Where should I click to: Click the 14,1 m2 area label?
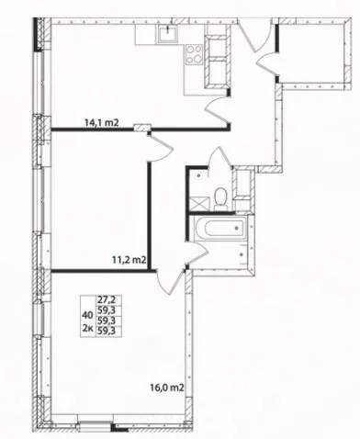101,123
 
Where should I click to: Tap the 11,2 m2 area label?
129,260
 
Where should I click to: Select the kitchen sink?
168,32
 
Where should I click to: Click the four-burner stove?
194,54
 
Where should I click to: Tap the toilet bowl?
219,197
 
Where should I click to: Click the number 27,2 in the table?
105,298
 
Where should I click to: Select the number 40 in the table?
87,314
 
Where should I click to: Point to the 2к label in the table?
88,328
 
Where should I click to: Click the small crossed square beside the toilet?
199,204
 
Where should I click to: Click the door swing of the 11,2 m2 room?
162,149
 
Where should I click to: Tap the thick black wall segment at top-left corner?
36,34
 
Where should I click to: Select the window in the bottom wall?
95,426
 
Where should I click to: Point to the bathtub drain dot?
236,228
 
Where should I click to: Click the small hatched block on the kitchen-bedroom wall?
142,127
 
